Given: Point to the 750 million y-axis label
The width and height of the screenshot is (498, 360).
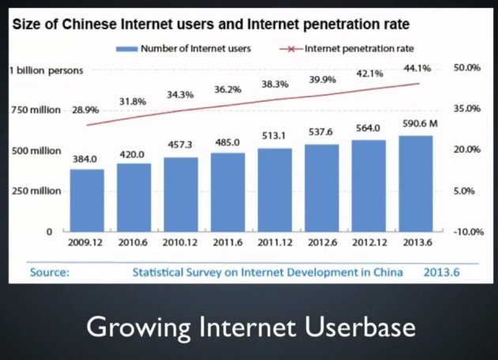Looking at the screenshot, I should tap(35, 110).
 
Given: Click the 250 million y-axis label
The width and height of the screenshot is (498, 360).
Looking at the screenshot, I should tap(35, 191).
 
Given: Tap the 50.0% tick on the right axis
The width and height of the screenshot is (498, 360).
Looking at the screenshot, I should tap(467, 68).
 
